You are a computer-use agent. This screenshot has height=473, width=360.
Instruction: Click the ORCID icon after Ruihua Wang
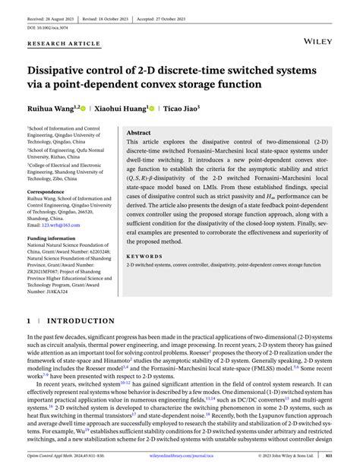tap(87, 109)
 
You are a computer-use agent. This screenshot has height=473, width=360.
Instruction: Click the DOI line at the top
tap(48, 21)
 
